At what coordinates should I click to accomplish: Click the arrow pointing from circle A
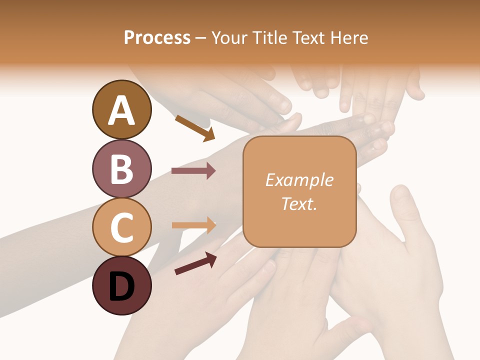[195, 128]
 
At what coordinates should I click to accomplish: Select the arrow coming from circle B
[193, 171]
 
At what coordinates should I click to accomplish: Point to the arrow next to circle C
[193, 225]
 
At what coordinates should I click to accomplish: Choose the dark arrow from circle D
[195, 263]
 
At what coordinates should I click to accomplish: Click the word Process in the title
[157, 38]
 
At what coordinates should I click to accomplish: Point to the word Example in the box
[299, 180]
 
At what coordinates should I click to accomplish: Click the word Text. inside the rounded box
[299, 203]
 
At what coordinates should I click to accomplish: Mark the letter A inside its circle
[122, 110]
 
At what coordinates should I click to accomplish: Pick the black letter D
[122, 286]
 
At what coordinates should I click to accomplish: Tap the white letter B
[122, 168]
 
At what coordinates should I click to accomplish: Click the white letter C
[122, 227]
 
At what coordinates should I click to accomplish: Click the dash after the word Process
[201, 38]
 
